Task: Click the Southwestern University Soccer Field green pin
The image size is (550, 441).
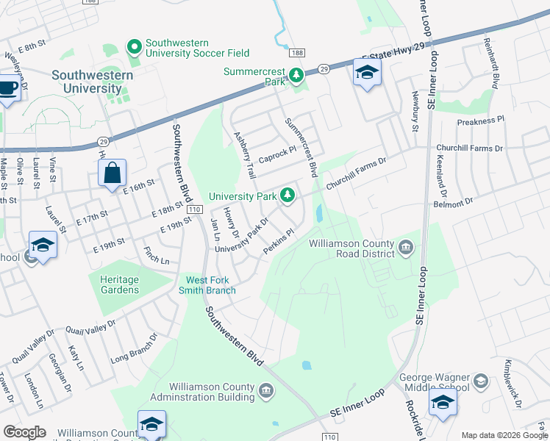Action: (134, 48)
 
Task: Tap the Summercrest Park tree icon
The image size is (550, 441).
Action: (296, 75)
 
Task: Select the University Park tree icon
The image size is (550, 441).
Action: (288, 196)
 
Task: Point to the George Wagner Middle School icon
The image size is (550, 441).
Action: (480, 381)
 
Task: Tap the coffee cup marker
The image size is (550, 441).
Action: (8, 89)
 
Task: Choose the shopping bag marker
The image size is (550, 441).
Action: (112, 174)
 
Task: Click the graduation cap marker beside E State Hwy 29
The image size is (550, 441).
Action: (367, 73)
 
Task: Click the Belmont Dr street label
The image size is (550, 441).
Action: (454, 199)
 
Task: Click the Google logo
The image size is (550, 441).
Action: (24, 432)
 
